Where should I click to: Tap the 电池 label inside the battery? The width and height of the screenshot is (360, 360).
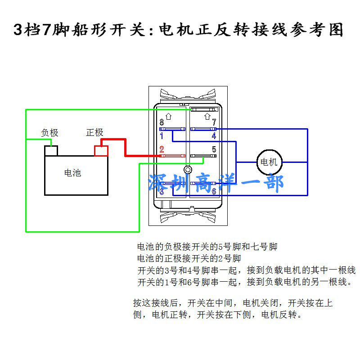(72, 172)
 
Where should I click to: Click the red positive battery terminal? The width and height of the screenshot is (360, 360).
(101, 150)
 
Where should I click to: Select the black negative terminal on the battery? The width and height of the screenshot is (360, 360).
(51, 150)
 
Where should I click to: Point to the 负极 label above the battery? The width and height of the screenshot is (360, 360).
(49, 133)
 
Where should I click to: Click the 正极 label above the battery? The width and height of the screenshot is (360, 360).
(94, 132)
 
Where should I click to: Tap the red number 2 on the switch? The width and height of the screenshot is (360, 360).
(162, 149)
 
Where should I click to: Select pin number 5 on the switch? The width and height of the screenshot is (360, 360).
(214, 149)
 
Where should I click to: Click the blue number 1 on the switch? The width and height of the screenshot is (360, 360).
(162, 135)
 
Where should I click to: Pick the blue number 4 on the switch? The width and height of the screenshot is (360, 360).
(214, 135)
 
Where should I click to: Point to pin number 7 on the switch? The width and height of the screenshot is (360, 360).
(214, 122)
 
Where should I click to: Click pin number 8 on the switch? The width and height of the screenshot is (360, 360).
(162, 122)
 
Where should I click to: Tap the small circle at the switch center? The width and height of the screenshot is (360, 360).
(188, 170)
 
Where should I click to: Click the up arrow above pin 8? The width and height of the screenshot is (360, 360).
(169, 116)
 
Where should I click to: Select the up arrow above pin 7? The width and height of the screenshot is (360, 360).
(207, 116)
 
